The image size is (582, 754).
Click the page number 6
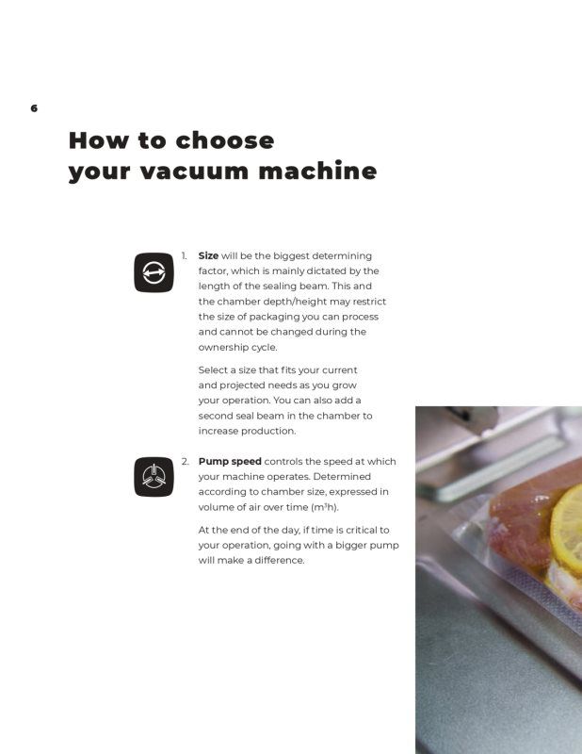click(34, 108)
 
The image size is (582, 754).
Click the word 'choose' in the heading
click(225, 140)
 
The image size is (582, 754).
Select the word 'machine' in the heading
click(317, 171)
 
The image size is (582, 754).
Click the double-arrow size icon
click(154, 272)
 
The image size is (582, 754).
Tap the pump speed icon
click(154, 477)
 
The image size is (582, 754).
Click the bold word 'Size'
click(208, 255)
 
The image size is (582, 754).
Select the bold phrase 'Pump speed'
click(230, 462)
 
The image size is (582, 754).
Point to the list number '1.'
click(184, 255)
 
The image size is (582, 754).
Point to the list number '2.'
click(185, 462)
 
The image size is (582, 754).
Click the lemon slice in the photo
click(567, 522)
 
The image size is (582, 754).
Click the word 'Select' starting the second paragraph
click(212, 370)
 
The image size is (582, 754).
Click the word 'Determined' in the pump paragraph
click(342, 477)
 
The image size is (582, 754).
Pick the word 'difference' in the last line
click(279, 561)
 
